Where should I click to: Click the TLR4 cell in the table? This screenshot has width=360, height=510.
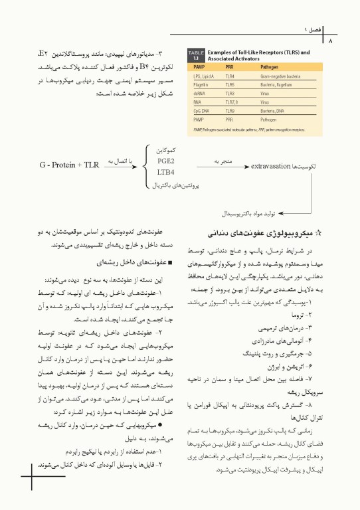230,77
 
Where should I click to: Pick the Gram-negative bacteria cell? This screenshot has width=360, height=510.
280,77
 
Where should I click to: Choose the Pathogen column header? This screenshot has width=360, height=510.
269,67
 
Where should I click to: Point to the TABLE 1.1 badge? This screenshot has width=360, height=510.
196,54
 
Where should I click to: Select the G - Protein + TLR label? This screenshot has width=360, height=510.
69,164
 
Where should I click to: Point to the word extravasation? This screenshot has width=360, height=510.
271,164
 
